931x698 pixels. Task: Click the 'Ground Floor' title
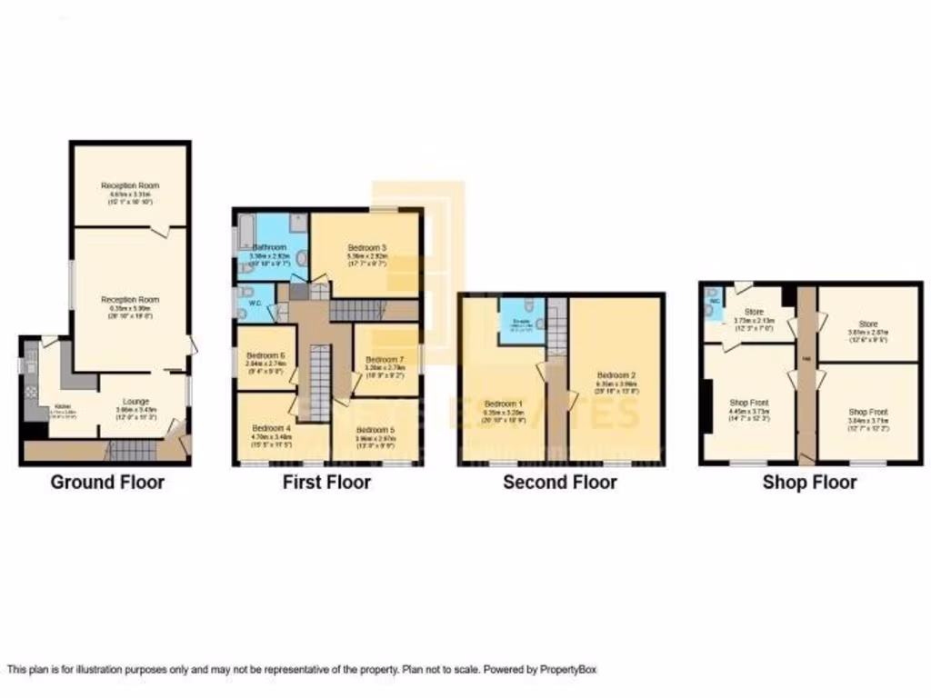click(x=107, y=482)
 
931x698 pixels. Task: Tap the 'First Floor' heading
click(x=326, y=482)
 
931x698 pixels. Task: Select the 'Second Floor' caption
click(x=560, y=482)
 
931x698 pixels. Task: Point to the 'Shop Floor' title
click(x=809, y=482)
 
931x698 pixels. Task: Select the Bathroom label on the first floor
click(x=269, y=246)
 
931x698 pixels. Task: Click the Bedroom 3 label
click(x=367, y=247)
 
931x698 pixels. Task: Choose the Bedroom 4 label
click(x=271, y=428)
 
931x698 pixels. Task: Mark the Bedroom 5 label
click(x=375, y=430)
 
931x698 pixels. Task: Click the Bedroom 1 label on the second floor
click(x=503, y=404)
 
